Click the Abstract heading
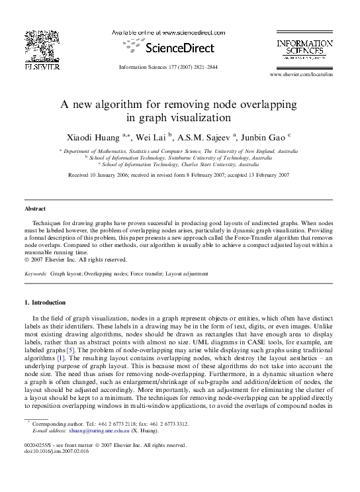click(35, 209)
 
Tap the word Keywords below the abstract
click(35, 273)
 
